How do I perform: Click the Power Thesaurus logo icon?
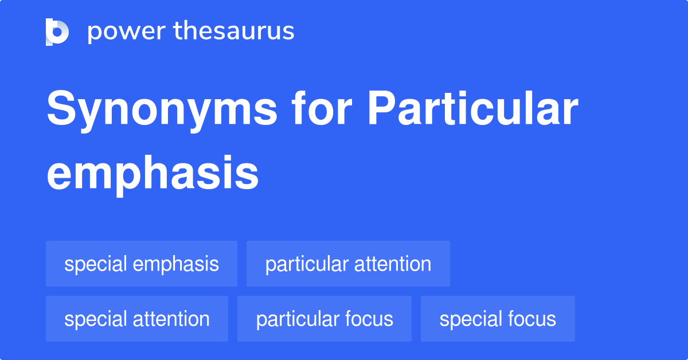(57, 32)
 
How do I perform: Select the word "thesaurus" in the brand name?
(234, 32)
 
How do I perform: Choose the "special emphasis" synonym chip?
(142, 264)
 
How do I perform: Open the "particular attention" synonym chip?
(348, 264)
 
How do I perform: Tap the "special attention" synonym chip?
(137, 319)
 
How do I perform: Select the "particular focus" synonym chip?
(325, 319)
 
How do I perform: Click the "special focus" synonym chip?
(498, 319)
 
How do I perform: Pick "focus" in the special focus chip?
(533, 319)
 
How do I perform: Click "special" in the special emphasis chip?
(96, 264)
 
